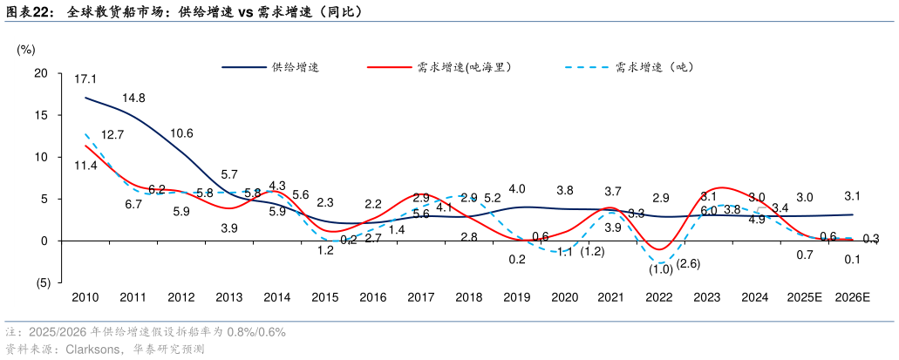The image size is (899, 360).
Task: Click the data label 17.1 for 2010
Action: (85, 79)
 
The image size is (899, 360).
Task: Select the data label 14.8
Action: (133, 98)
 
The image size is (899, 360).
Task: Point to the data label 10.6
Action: (181, 133)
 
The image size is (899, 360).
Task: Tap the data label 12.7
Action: (112, 135)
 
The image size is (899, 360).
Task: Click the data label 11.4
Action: (85, 166)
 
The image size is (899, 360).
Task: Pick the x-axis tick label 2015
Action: (324, 297)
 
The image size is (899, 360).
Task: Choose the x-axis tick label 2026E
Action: (852, 297)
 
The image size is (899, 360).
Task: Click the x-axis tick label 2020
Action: (564, 297)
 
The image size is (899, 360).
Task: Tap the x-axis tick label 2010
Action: (85, 297)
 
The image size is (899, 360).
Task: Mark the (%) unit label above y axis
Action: (26, 49)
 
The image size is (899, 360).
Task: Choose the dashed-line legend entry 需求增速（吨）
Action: (654, 67)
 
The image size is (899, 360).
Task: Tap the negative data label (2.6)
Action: (688, 264)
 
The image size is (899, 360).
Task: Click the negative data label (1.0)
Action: (659, 269)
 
